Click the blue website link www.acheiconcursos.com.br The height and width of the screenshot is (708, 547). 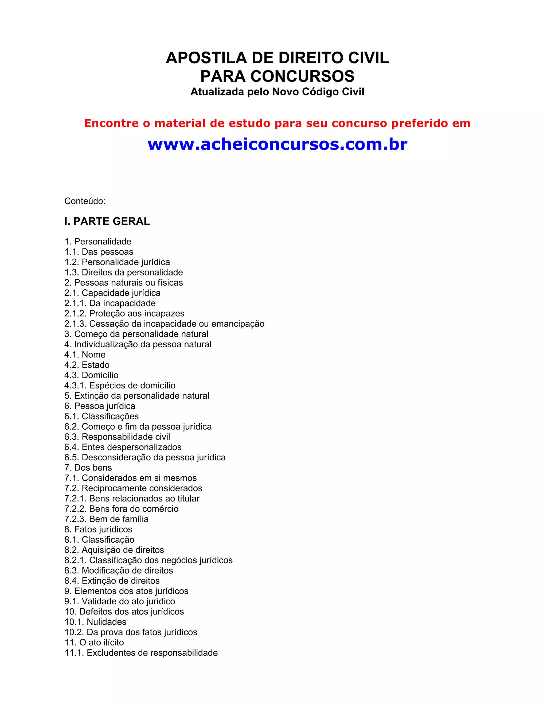pyautogui.click(x=278, y=144)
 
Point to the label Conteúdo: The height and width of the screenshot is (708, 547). pyautogui.click(x=85, y=201)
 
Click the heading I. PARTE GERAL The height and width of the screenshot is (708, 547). pyautogui.click(x=107, y=221)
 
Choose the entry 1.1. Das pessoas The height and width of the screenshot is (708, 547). pyautogui.click(x=99, y=252)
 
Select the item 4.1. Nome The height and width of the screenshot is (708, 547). pyautogui.click(x=85, y=355)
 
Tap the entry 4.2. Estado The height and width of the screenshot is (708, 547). pyautogui.click(x=87, y=365)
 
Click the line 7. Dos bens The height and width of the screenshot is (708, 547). pyautogui.click(x=88, y=468)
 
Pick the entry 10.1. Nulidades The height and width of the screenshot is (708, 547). pyautogui.click(x=95, y=622)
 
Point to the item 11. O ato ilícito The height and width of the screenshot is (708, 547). pyautogui.click(x=94, y=643)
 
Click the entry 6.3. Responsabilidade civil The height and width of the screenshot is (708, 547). pyautogui.click(x=117, y=437)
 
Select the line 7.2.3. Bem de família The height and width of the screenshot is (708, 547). pyautogui.click(x=106, y=519)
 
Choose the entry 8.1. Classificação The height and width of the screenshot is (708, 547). pyautogui.click(x=99, y=540)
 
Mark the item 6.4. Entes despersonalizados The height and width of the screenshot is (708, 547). pyautogui.click(x=123, y=447)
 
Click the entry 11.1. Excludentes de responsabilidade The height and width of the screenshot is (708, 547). pyautogui.click(x=141, y=653)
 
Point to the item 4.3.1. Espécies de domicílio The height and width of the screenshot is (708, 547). pyautogui.click(x=120, y=386)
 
